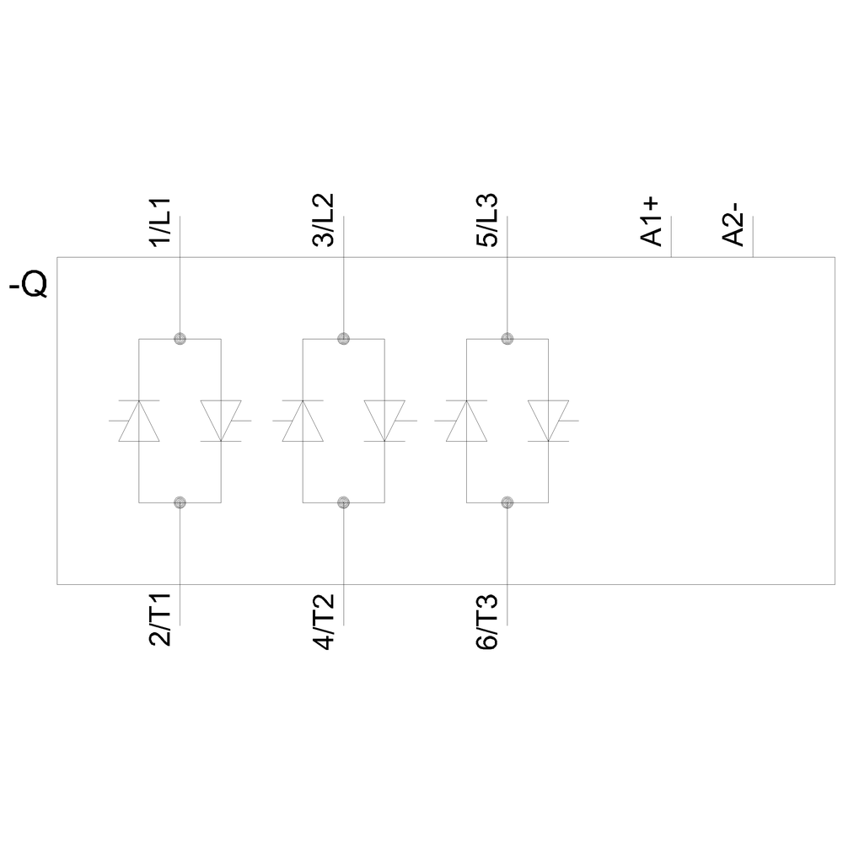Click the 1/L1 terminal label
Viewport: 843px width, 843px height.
point(160,223)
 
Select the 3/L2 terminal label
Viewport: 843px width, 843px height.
point(324,220)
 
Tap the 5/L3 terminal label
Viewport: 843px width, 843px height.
point(487,220)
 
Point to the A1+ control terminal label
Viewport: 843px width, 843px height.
point(651,222)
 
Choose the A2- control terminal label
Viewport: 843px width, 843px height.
point(733,224)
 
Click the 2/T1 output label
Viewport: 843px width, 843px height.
point(160,620)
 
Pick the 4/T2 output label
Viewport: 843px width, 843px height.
point(324,621)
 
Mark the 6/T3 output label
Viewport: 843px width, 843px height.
point(487,621)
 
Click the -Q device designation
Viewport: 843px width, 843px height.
point(28,286)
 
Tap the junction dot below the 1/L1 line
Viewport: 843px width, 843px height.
point(180,339)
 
